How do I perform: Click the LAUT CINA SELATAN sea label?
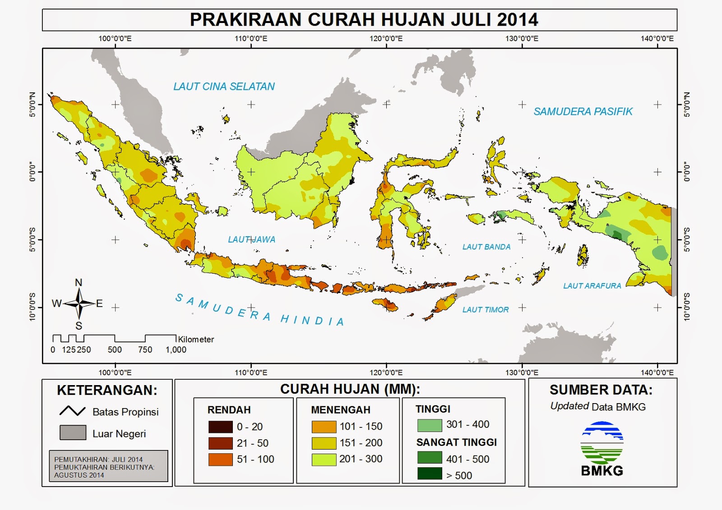coord(224,87)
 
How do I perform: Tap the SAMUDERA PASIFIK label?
coord(583,111)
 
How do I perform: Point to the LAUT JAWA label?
coord(251,239)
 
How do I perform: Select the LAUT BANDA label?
coord(486,247)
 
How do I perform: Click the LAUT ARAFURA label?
coord(592,286)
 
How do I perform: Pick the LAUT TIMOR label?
coord(485,310)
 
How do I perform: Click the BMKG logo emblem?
coord(602,443)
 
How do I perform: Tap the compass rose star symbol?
coord(79,303)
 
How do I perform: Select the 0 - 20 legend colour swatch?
coord(220,427)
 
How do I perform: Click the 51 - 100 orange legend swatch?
coord(220,459)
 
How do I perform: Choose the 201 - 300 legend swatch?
coord(324,459)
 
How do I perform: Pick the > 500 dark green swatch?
coord(429,474)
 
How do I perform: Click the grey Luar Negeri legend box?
coord(73,432)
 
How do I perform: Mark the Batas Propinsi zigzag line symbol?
coord(72,411)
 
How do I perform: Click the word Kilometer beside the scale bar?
coord(196,340)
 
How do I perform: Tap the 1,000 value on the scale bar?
coord(176,350)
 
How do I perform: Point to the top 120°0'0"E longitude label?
coord(386,39)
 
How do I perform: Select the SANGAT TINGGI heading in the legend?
coord(456,442)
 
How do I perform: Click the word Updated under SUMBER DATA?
coord(569,406)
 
